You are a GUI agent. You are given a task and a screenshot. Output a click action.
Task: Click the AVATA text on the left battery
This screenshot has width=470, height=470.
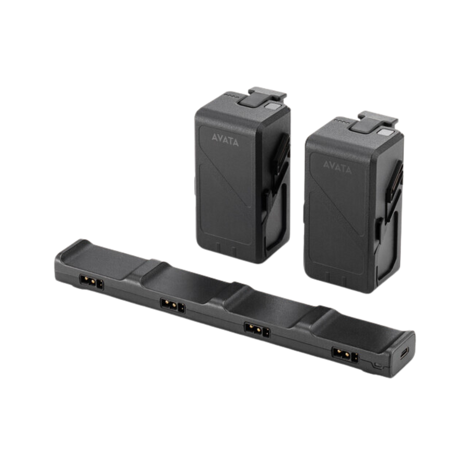[225, 139]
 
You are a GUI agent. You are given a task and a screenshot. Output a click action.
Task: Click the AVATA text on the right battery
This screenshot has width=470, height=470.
[337, 167]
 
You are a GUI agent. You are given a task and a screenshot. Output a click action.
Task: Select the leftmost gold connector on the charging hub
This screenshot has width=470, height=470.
[91, 282]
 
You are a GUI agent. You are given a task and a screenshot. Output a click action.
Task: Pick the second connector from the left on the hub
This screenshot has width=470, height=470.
[173, 305]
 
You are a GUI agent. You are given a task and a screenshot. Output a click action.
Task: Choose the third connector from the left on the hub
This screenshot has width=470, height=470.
[257, 330]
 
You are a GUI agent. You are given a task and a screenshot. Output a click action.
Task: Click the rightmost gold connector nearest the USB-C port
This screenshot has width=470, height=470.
[345, 355]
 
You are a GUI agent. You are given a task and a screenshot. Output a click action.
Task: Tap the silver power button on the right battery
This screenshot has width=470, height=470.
[384, 132]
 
